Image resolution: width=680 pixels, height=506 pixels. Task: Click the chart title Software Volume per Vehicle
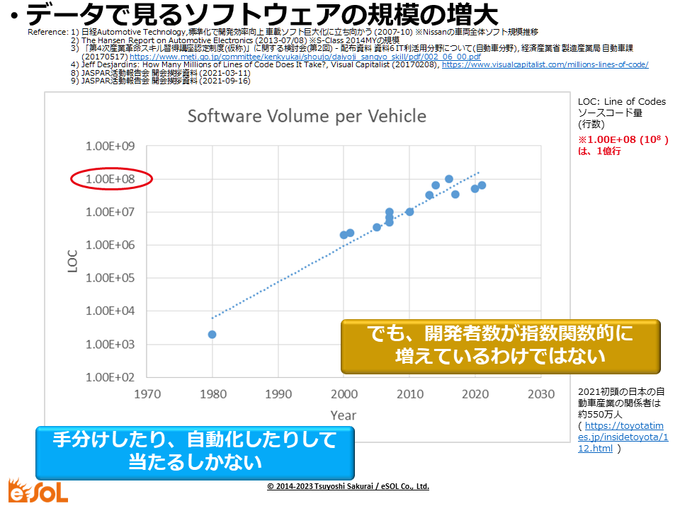[307, 116]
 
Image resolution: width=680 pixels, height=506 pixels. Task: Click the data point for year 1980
[212, 334]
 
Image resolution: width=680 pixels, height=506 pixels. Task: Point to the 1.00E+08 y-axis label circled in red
[112, 179]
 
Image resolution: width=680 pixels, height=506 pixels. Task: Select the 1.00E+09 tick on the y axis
[112, 146]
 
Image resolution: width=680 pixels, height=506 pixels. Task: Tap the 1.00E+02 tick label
[112, 377]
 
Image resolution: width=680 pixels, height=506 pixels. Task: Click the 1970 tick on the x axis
[147, 393]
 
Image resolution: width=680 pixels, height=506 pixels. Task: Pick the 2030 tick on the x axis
[541, 393]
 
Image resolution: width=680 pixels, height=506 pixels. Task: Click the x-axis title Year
[344, 414]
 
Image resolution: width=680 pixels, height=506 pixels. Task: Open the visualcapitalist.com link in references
[545, 64]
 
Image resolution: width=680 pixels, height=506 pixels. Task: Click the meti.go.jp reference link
[305, 57]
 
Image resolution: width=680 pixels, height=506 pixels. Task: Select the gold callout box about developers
[500, 346]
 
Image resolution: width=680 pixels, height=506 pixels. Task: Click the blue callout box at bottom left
[195, 451]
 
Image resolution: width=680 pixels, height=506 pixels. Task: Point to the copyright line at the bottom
[348, 487]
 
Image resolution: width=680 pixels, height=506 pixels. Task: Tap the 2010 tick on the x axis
[409, 393]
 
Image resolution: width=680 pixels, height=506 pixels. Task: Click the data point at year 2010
[409, 212]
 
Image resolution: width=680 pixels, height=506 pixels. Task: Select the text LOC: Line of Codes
[622, 102]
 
